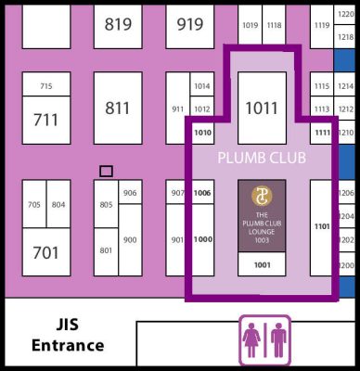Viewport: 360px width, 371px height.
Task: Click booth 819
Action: tap(118, 25)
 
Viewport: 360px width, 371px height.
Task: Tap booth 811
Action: tap(118, 109)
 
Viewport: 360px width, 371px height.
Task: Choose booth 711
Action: tap(45, 120)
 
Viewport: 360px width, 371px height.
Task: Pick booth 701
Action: tap(45, 251)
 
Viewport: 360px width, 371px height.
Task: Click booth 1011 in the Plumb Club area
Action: tap(262, 109)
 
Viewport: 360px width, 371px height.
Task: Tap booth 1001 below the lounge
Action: tap(262, 264)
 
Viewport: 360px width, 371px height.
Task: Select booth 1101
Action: tap(322, 226)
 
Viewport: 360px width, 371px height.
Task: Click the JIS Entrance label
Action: tap(67, 335)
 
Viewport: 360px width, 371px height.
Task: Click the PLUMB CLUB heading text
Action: tap(262, 159)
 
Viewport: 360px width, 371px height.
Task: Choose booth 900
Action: tap(130, 239)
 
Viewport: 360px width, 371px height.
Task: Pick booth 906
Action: tap(130, 193)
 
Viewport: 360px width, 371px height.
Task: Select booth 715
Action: tap(45, 86)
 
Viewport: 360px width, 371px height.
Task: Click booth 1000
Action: tap(202, 239)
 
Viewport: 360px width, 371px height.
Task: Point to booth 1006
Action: tap(202, 193)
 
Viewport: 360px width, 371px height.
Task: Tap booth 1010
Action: tap(202, 133)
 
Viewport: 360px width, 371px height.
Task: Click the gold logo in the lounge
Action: tap(262, 197)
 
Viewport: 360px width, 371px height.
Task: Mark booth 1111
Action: tap(322, 133)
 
